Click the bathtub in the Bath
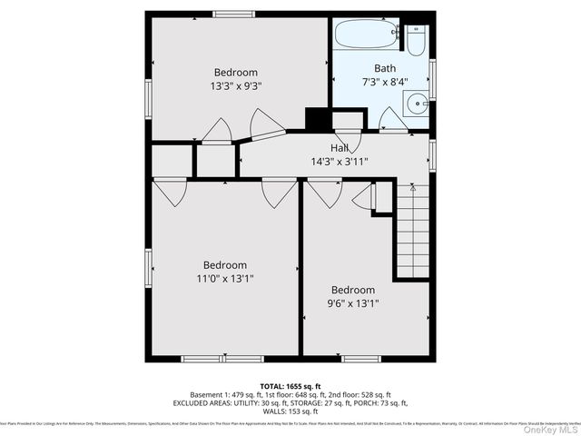(x=367, y=36)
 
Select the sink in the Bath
(x=419, y=103)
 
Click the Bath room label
(x=385, y=68)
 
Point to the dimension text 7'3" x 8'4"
(x=385, y=82)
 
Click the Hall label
(x=340, y=148)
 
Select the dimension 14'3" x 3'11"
(x=340, y=162)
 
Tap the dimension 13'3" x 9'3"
(x=236, y=87)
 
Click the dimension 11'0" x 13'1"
(x=224, y=280)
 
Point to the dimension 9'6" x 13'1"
(x=353, y=304)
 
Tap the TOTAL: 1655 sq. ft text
(x=290, y=386)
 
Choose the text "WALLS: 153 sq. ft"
(x=290, y=411)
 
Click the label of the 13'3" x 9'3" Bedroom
(x=236, y=73)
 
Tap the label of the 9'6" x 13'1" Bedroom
(x=353, y=291)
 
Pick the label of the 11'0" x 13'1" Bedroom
(x=224, y=266)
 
